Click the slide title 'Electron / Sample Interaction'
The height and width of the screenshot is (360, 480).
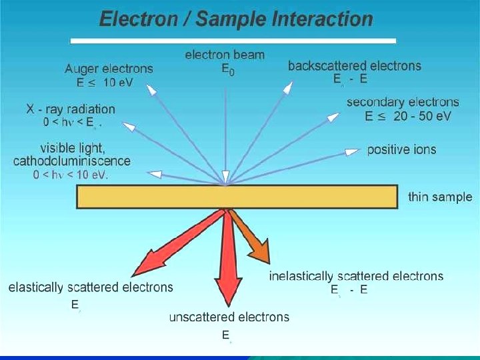(235, 19)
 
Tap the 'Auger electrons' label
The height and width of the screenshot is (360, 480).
(109, 69)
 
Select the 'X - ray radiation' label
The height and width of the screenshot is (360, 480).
(71, 109)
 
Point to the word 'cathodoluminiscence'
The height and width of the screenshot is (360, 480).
(72, 161)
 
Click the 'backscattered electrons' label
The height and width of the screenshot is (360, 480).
(354, 65)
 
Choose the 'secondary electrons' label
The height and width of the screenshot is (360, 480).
(403, 102)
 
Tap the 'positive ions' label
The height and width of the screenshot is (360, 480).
(401, 149)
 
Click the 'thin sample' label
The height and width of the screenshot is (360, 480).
(440, 197)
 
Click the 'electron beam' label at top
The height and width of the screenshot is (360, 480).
(225, 55)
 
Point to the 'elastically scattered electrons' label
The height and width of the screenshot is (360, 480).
(91, 287)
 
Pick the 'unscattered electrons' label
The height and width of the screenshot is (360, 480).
(229, 317)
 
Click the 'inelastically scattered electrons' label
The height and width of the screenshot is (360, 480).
(356, 276)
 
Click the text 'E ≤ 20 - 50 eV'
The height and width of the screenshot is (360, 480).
(408, 116)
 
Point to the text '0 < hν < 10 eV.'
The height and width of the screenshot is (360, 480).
(71, 175)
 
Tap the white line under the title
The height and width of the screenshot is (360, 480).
(233, 41)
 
